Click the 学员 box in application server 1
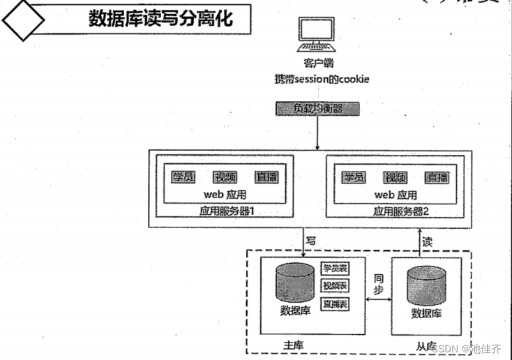[183, 177]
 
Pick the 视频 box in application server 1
[226, 177]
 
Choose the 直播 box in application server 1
[266, 177]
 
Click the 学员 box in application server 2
[354, 177]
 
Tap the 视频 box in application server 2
[396, 177]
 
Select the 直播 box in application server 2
[437, 177]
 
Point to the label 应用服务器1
[225, 211]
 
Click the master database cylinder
[294, 282]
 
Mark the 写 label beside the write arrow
[312, 240]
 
